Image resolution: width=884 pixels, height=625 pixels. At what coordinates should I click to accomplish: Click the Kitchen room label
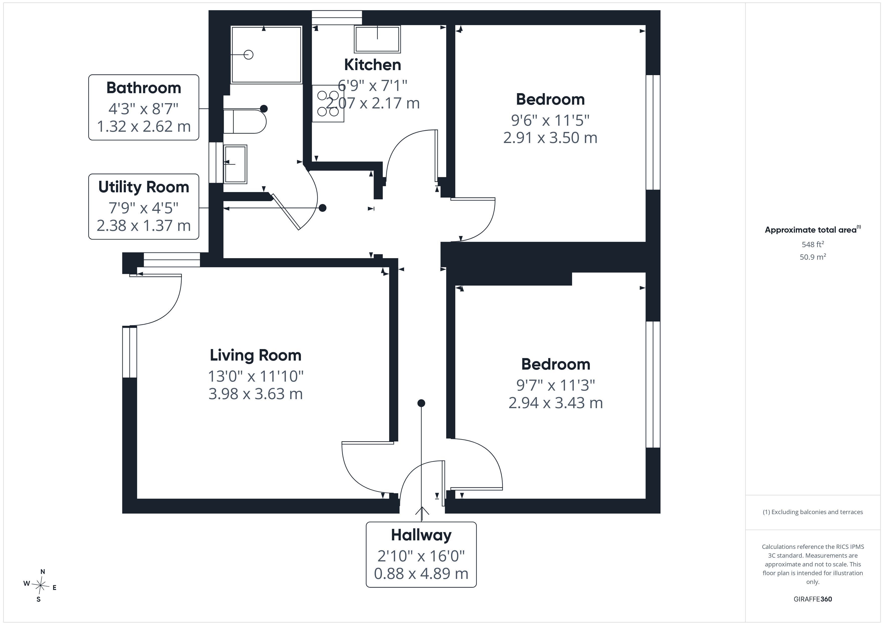372,65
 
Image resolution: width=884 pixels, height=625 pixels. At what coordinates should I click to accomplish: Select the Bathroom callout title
144,88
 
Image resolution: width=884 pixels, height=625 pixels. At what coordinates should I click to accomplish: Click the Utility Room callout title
144,187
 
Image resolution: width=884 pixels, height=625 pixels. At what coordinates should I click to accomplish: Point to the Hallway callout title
421,535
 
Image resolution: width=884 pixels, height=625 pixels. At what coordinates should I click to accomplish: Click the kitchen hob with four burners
328,103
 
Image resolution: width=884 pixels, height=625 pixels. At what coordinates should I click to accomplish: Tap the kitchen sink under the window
377,39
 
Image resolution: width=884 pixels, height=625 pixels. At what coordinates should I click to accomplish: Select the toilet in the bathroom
245,121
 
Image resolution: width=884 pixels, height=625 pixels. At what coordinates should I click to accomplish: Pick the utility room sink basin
235,164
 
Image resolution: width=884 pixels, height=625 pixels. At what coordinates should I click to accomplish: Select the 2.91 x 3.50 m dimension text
550,138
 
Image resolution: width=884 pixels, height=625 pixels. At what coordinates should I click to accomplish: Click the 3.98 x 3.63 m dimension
255,394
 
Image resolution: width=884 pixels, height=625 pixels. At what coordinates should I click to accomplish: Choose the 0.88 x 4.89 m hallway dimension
421,573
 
